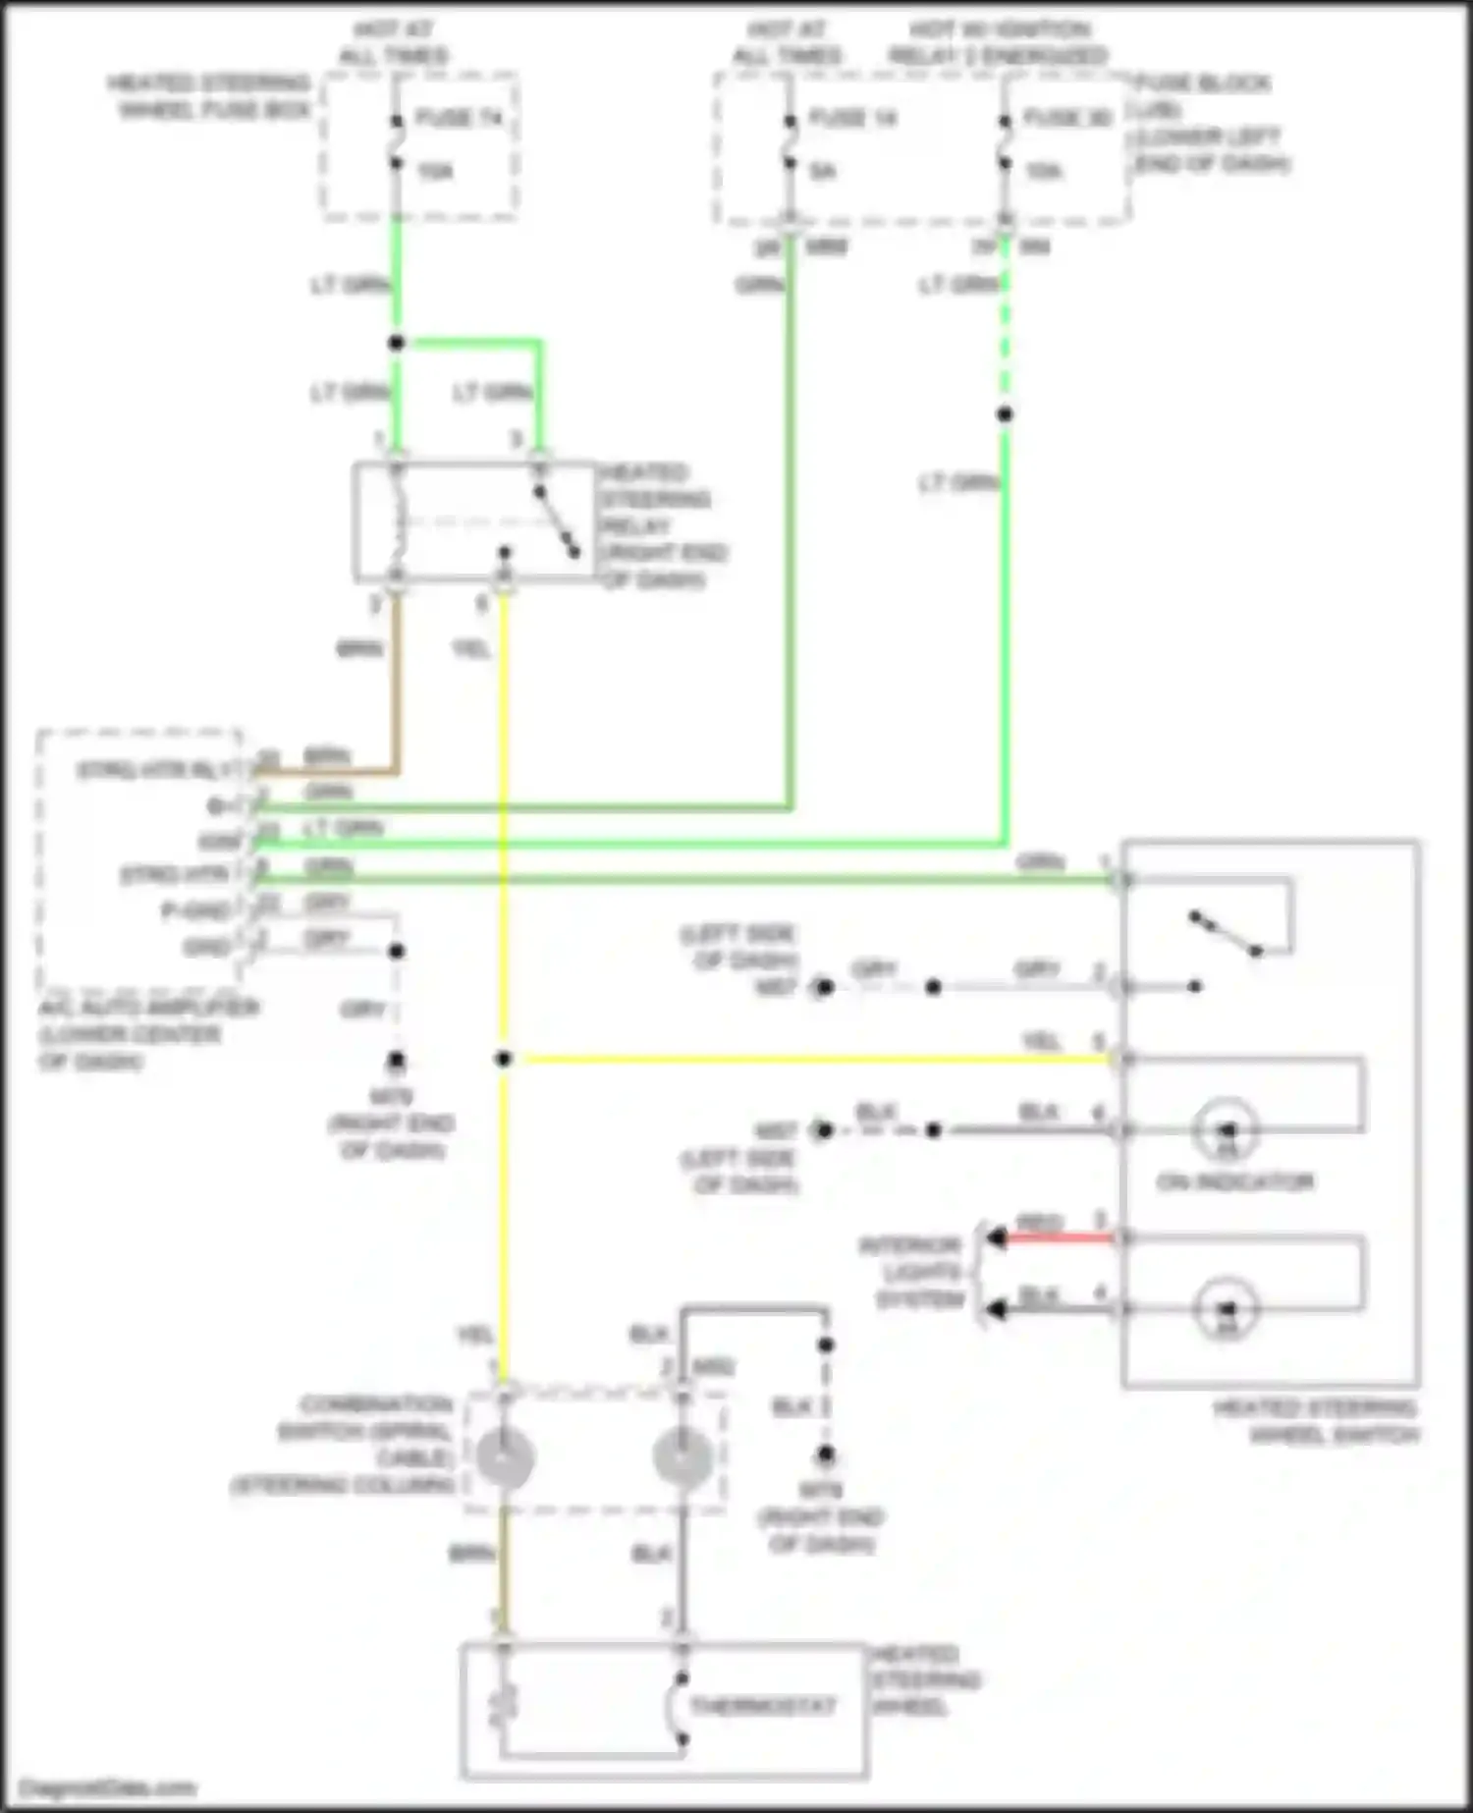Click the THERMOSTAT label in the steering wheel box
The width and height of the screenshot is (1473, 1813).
pyautogui.click(x=762, y=1706)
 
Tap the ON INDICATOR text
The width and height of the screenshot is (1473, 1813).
pyautogui.click(x=1234, y=1181)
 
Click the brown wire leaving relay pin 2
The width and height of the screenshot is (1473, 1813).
pyautogui.click(x=397, y=678)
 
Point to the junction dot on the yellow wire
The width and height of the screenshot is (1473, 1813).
pyautogui.click(x=504, y=1059)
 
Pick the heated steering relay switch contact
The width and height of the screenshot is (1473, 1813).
pyautogui.click(x=556, y=522)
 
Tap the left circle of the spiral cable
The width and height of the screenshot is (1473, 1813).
pyautogui.click(x=505, y=1458)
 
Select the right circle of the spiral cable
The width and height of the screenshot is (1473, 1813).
pyautogui.click(x=682, y=1456)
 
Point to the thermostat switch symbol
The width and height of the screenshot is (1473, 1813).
pyautogui.click(x=680, y=1709)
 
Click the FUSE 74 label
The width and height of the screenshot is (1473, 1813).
pyautogui.click(x=459, y=118)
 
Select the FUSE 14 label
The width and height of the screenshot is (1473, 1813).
pyautogui.click(x=852, y=118)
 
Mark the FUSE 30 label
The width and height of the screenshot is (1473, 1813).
pyautogui.click(x=1068, y=118)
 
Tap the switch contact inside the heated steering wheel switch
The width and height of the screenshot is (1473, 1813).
pyautogui.click(x=1224, y=934)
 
